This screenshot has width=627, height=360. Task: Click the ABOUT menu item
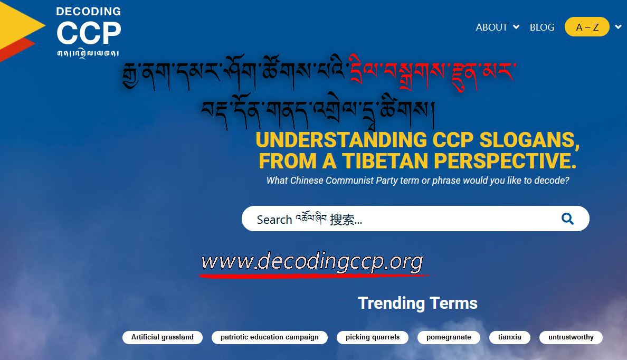coord(491,27)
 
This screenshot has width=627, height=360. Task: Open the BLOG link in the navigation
coord(542,27)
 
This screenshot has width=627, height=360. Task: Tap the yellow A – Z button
coord(586,27)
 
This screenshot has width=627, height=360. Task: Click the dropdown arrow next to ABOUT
coord(516,27)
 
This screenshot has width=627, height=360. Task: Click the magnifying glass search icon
coord(567,219)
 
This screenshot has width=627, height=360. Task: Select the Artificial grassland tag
coord(163,337)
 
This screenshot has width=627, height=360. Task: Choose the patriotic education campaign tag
coord(270,337)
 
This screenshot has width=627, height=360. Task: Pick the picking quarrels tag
coord(373,337)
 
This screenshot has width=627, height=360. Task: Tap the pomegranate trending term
coord(449,337)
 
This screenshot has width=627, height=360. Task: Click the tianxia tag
coord(510,337)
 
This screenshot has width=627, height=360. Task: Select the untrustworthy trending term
coord(571,337)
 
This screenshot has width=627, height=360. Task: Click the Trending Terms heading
coord(417,303)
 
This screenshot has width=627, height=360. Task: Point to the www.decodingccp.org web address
coord(312,262)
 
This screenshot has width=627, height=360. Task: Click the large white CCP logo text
coord(89,33)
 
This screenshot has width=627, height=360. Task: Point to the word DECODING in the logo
coord(88,11)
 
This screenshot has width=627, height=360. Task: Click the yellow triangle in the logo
coord(20,25)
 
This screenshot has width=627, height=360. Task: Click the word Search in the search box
coord(274,220)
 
